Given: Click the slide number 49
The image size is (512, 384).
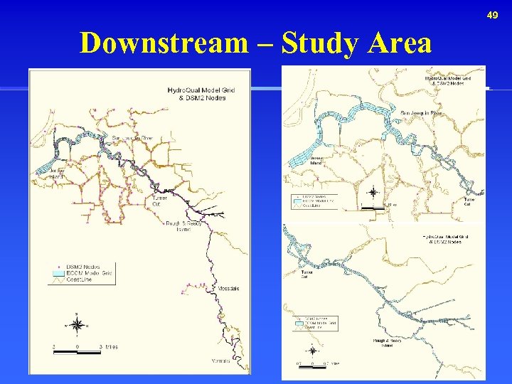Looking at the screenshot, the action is point(493,15).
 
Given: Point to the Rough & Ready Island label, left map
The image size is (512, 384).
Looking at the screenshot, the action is point(183,226).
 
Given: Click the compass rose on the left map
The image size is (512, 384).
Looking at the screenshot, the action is point(78,324).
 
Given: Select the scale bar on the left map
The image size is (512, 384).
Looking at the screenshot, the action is point(78,349).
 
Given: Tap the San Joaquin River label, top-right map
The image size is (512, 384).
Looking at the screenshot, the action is point(421,112).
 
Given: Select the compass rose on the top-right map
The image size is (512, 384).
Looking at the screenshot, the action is point(372,192).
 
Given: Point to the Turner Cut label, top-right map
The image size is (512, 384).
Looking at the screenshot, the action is point(469,202).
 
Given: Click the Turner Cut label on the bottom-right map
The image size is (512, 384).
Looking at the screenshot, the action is point(306,274).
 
